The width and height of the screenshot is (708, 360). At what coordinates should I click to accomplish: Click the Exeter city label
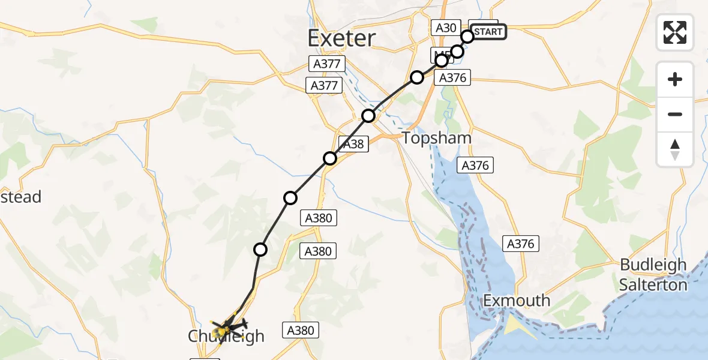341,38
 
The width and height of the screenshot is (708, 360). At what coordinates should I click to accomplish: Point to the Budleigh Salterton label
653,274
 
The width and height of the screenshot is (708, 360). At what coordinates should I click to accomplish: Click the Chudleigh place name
226,336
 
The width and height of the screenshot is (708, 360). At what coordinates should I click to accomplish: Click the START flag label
488,32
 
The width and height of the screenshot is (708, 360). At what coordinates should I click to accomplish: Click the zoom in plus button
675,79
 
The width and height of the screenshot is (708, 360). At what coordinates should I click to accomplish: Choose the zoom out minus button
675,114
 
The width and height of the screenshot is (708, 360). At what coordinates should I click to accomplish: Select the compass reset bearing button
675,149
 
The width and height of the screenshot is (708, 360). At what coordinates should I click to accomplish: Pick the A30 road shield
446,27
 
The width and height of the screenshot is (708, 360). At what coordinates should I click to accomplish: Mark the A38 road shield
352,143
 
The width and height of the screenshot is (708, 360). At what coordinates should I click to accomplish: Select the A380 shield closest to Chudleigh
299,329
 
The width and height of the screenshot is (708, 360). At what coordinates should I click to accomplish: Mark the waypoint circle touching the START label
467,37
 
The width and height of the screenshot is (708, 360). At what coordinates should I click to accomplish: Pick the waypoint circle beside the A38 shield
330,158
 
